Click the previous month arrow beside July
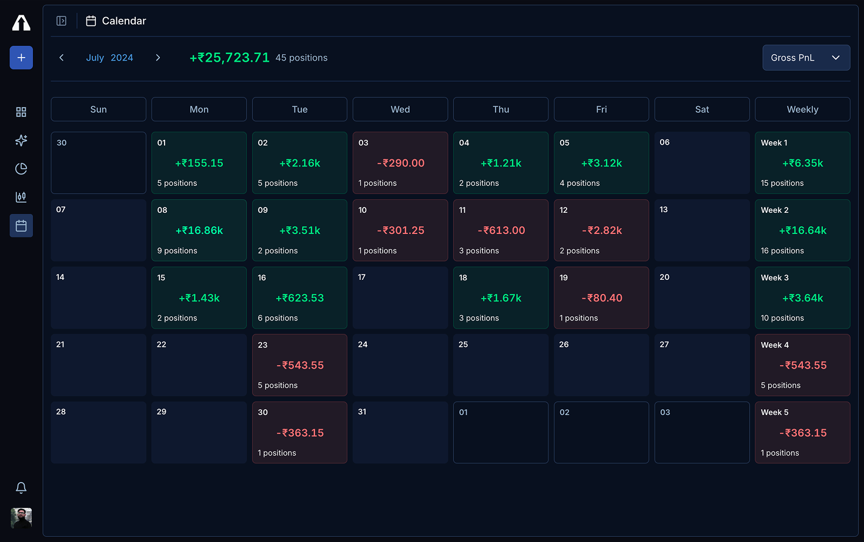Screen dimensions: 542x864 coord(62,58)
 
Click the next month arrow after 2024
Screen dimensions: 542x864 coord(158,58)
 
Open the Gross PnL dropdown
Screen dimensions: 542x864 coord(806,58)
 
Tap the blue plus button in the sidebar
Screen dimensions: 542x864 coord(21,58)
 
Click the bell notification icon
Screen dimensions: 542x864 coord(21,487)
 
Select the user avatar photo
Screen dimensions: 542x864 coord(21,518)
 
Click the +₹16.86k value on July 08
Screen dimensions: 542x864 coord(199,230)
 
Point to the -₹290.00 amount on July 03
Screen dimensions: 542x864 coord(400,163)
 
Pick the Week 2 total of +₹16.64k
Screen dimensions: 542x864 coord(802,230)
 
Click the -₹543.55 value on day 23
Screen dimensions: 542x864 coord(300,365)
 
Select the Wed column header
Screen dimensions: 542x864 coord(400,109)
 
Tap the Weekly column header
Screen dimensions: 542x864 coord(802,109)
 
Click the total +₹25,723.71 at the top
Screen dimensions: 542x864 coord(229,58)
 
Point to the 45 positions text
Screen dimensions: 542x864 coord(302,58)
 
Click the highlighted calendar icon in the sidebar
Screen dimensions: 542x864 coord(21,226)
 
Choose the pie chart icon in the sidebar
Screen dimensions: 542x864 coord(21,169)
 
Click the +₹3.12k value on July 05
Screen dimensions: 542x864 coord(601,163)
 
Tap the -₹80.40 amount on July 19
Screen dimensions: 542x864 coord(601,298)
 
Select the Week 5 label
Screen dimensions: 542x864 coord(775,413)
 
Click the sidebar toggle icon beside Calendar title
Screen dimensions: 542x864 coord(61,21)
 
